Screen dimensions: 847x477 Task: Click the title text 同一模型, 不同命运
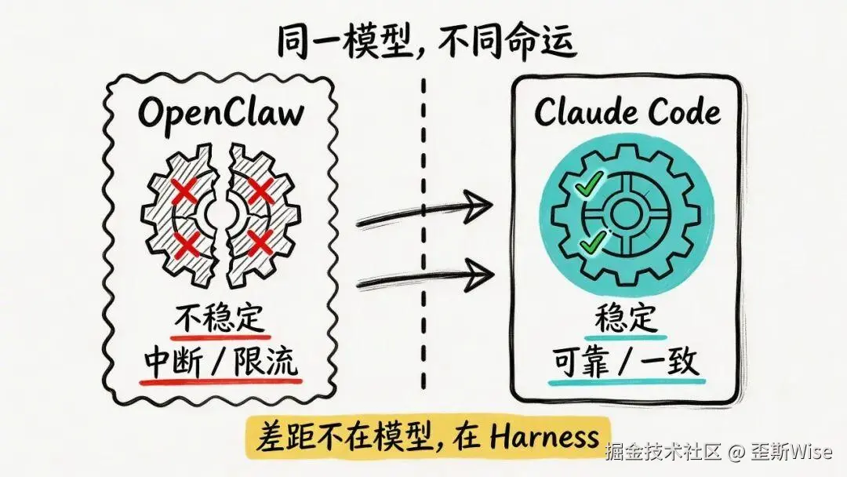[x=426, y=43]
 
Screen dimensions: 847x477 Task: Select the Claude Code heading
[x=627, y=112]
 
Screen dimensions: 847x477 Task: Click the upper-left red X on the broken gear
[x=184, y=191]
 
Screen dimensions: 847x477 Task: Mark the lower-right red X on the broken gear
[x=260, y=244]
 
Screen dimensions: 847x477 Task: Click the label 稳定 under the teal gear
[x=626, y=322]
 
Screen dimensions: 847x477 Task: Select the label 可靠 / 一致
[x=626, y=363]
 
